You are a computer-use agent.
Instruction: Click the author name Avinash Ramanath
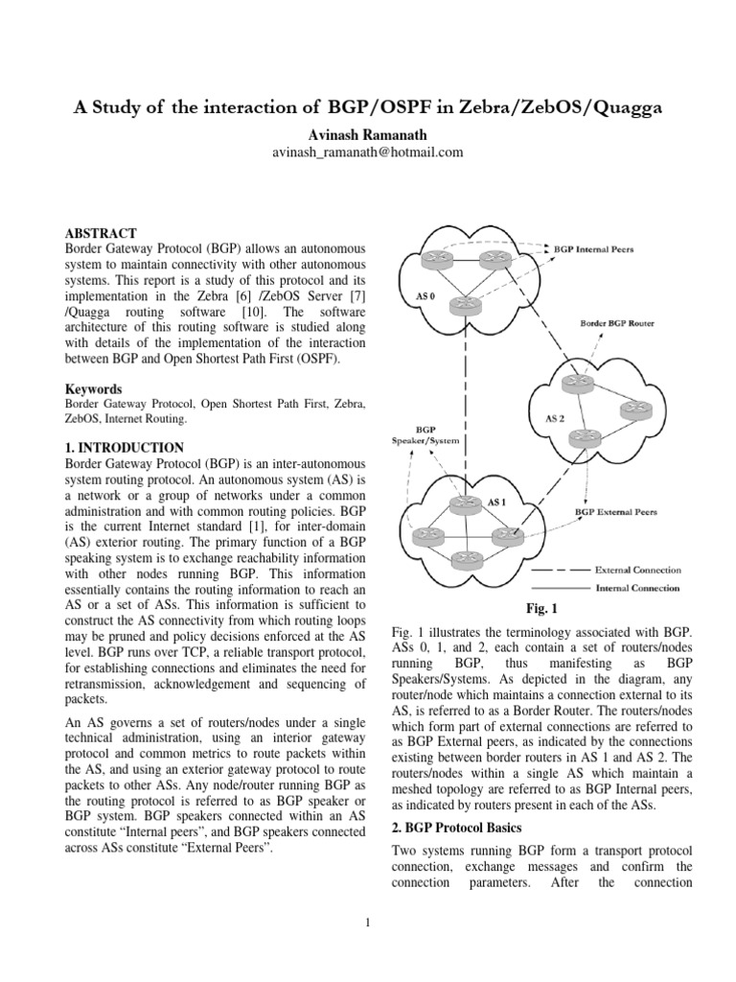(x=368, y=134)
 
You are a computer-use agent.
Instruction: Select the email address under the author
(x=368, y=152)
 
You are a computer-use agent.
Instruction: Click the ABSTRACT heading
(x=101, y=233)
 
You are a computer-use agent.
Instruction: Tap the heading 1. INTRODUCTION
(x=124, y=447)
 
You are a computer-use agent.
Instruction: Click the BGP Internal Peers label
(x=594, y=249)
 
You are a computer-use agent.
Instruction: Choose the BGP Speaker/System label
(x=425, y=433)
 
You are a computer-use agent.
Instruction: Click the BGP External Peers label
(x=616, y=512)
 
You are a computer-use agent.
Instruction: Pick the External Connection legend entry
(x=636, y=570)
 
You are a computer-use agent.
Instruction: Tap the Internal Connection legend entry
(x=638, y=588)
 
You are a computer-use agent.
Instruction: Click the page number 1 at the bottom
(x=368, y=924)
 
